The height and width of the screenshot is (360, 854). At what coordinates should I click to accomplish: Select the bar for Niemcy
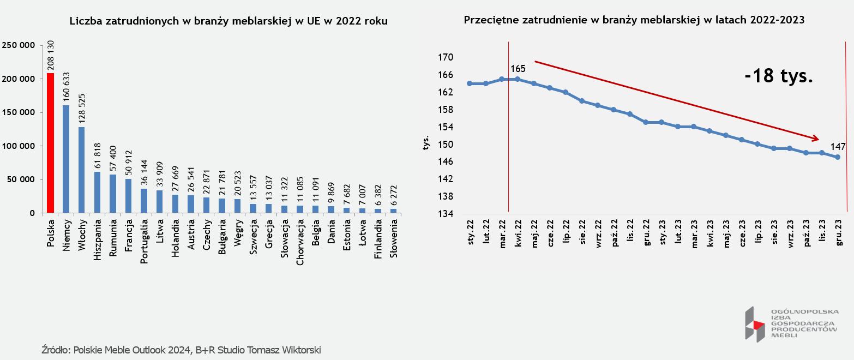tap(66, 159)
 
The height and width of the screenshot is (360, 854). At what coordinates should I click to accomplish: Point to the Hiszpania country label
tap(98, 240)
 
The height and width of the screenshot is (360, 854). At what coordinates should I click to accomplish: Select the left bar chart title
tap(229, 21)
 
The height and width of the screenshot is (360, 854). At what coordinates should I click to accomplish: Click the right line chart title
tap(634, 20)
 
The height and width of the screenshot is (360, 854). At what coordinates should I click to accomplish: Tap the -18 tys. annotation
tap(779, 76)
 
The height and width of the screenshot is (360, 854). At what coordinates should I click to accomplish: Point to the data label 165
tap(518, 69)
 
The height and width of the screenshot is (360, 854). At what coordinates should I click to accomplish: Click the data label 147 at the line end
tap(838, 147)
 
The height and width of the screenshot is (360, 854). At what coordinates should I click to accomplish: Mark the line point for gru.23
tap(838, 157)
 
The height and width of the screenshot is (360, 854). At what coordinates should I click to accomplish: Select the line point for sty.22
tap(470, 83)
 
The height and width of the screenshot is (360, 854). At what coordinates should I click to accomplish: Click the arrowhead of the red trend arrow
tap(816, 139)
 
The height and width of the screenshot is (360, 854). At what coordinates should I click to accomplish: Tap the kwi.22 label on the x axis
tap(518, 233)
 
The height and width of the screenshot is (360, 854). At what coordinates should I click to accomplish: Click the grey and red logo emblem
tap(755, 325)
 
